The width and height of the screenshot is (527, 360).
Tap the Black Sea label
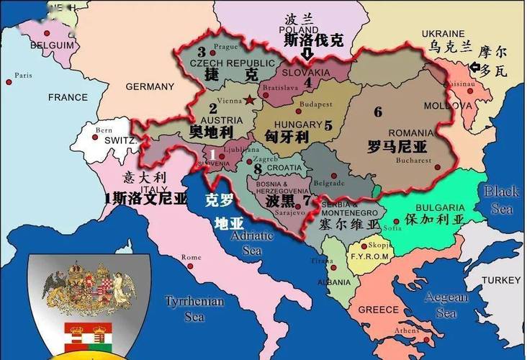pyautogui.click(x=501, y=199)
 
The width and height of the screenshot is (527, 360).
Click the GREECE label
pyautogui.click(x=378, y=310)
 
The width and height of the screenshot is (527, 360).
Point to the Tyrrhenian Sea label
pyautogui.click(x=185, y=307)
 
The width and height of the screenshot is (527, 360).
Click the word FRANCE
pyautogui.click(x=68, y=97)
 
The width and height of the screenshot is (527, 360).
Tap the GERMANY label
pyautogui.click(x=150, y=86)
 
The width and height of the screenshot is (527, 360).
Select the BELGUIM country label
pyautogui.click(x=52, y=45)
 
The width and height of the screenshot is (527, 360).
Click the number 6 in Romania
pyautogui.click(x=378, y=112)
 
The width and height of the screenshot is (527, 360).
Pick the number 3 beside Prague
pyautogui.click(x=202, y=52)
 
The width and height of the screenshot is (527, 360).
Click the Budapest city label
pyautogui.click(x=315, y=104)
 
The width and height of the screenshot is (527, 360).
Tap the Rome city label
pyautogui.click(x=192, y=257)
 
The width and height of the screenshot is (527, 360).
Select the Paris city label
pyautogui.click(x=24, y=75)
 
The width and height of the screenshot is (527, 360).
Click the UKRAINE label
pyautogui.click(x=443, y=34)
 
